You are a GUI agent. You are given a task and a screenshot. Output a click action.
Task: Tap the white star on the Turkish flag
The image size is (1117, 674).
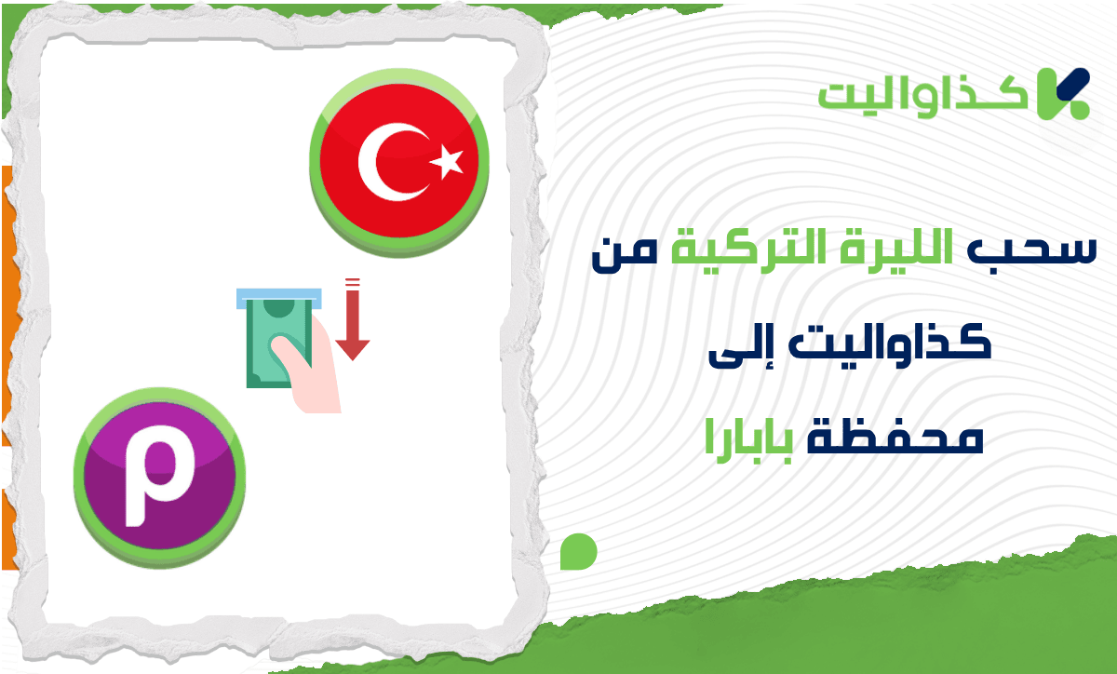coord(448,162)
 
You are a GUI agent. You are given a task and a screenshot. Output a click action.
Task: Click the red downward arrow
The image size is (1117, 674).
coord(352,319)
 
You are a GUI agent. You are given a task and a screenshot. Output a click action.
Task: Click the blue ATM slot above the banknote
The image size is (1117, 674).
coord(278,298)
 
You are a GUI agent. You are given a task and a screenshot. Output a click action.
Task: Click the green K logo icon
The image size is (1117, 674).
coord(1063,94)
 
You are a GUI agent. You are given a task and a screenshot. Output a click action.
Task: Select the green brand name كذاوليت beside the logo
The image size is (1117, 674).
coord(922,98)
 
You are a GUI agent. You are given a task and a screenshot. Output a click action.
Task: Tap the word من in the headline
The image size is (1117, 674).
coord(625,254)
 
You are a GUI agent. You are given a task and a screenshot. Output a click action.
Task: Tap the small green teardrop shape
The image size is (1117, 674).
coord(578,552)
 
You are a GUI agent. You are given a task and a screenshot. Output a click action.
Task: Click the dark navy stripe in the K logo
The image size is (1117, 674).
coord(1072,84)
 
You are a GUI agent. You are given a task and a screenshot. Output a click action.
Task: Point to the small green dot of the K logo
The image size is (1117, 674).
coord(1080,110)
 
